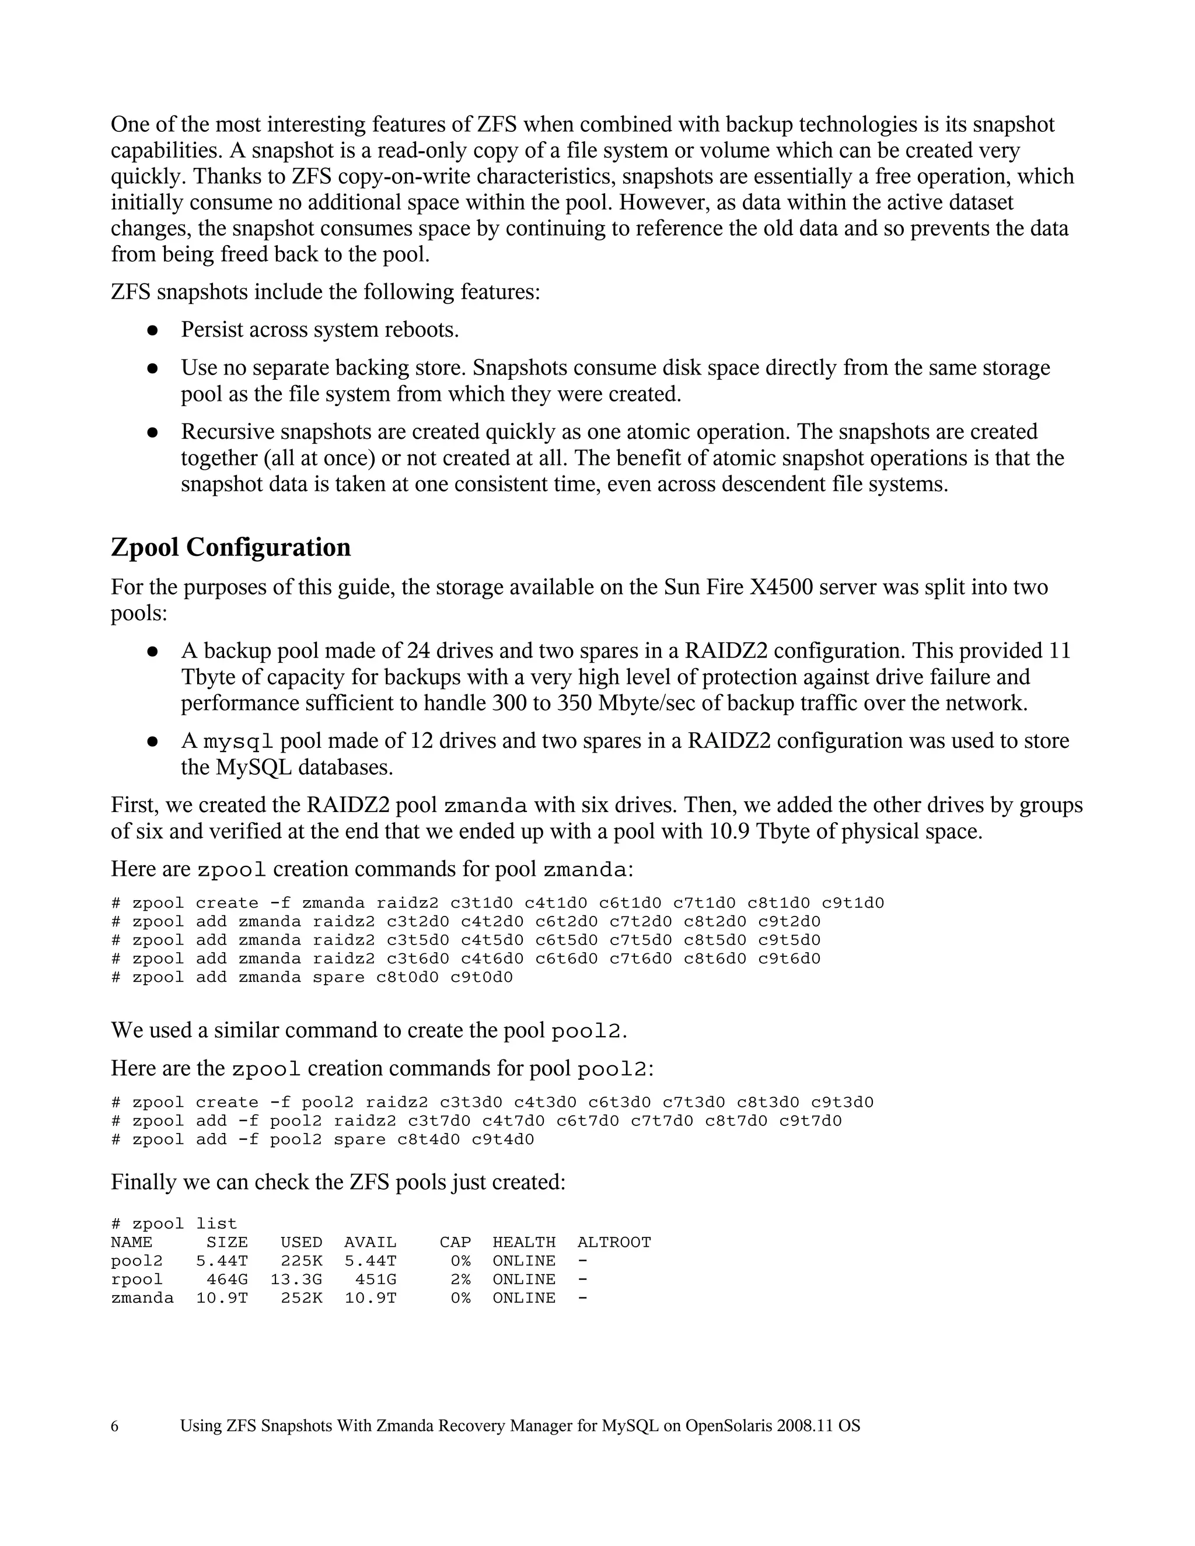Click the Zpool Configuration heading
pos(231,547)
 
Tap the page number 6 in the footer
pos(115,1426)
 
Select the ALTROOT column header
pos(614,1242)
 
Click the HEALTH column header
pos(524,1242)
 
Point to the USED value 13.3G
pos(296,1279)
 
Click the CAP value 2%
pos(460,1279)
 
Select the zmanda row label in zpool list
pos(142,1297)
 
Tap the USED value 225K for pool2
pos(301,1261)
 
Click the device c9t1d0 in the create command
pos(852,903)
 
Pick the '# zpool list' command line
pos(173,1224)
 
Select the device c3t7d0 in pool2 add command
pos(439,1121)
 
